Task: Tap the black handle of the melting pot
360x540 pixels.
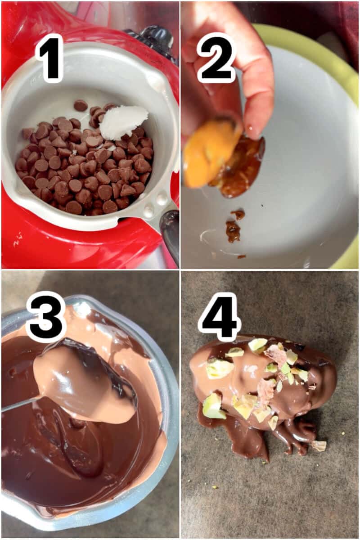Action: pyautogui.click(x=171, y=234)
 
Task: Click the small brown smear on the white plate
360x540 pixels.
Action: pyautogui.click(x=233, y=230)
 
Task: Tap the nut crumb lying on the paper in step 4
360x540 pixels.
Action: pyautogui.click(x=319, y=445)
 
